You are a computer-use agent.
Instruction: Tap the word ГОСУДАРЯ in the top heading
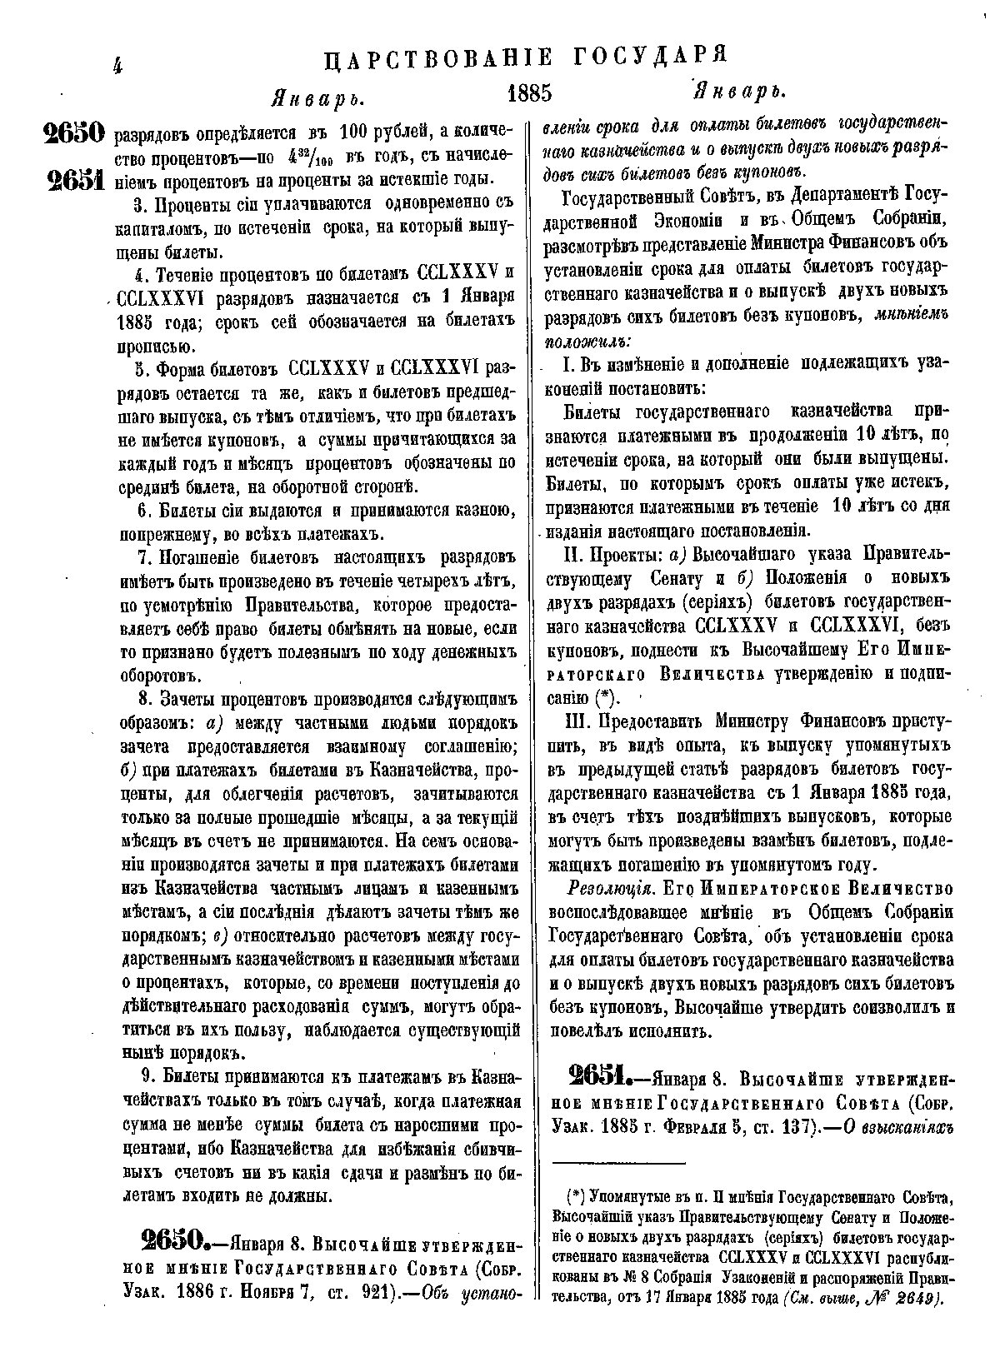coord(651,57)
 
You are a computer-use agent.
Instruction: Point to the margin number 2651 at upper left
coord(73,181)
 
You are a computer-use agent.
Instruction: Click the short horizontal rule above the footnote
coord(618,1162)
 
